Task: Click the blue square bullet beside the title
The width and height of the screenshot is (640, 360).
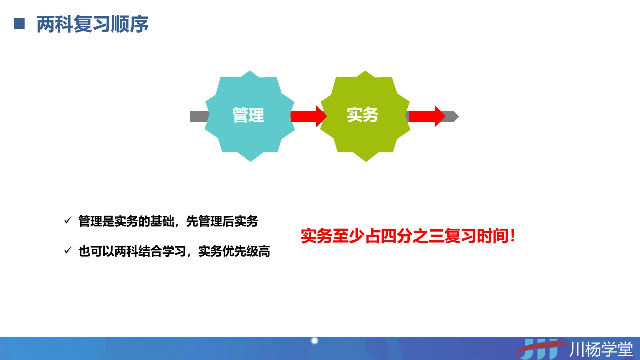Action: tap(19, 23)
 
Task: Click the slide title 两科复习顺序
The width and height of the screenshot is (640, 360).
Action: tap(92, 24)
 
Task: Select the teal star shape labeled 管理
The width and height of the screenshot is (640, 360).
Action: tap(250, 116)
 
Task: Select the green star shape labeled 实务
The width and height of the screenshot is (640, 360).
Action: tap(365, 116)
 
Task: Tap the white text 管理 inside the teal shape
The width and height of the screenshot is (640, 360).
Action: tap(248, 115)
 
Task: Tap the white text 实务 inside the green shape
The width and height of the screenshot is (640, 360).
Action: tap(362, 115)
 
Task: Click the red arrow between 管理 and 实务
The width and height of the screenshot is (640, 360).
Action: tap(309, 116)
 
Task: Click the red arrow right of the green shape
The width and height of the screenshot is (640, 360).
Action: tap(427, 116)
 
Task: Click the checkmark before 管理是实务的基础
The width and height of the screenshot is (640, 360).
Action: tap(68, 220)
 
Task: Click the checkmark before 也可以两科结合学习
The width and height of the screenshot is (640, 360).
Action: tap(68, 250)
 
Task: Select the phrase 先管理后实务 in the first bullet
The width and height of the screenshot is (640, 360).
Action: tap(222, 221)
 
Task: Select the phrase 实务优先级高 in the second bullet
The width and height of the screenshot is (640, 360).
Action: tap(234, 251)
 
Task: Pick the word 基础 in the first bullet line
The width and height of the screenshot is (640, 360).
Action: tap(162, 221)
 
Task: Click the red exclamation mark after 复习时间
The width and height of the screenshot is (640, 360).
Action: tap(512, 236)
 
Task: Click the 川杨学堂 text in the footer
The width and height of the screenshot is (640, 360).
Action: tap(601, 349)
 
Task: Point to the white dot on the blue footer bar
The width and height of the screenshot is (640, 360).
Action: tap(315, 341)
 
